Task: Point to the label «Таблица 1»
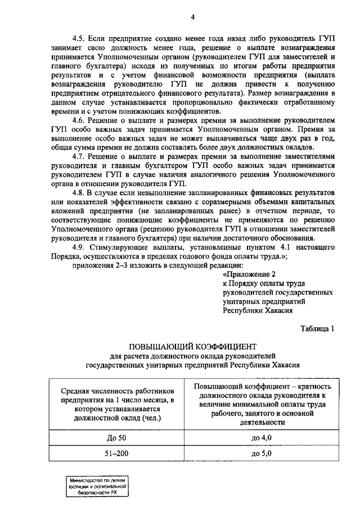317,328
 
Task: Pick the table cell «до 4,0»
262,438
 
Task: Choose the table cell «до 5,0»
262,453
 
